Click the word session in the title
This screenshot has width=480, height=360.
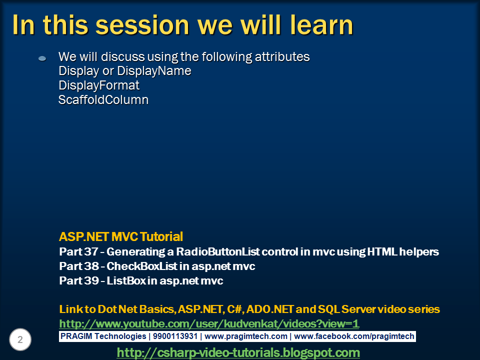pyautogui.click(x=142, y=25)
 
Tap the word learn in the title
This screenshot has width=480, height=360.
pyautogui.click(x=321, y=25)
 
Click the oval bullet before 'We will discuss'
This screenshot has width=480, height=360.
pyautogui.click(x=42, y=58)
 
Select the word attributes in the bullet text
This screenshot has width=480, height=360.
pyautogui.click(x=282, y=57)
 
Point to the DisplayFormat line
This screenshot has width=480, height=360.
pyautogui.click(x=99, y=85)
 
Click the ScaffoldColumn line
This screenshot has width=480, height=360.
pyautogui.click(x=103, y=100)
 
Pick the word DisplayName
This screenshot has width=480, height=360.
pyautogui.click(x=154, y=71)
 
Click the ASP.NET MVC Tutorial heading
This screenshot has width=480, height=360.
pyautogui.click(x=121, y=236)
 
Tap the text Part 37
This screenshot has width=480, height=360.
pyautogui.click(x=78, y=251)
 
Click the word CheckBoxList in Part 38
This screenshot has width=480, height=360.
pyautogui.click(x=142, y=266)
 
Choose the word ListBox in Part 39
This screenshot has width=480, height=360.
pyautogui.click(x=126, y=280)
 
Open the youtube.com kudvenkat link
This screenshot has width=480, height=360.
pyautogui.click(x=209, y=323)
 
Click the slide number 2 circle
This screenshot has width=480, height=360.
pyautogui.click(x=20, y=339)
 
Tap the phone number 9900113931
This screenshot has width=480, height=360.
pyautogui.click(x=175, y=336)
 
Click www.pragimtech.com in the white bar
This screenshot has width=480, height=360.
pyautogui.click(x=246, y=336)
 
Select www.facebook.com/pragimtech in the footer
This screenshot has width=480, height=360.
pyautogui.click(x=354, y=336)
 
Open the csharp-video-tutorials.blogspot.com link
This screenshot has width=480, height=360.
pyautogui.click(x=238, y=352)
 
